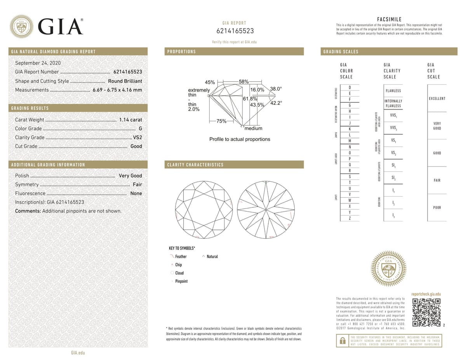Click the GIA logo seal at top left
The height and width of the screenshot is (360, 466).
[x=21, y=26]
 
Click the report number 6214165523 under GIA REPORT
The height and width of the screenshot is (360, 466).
[x=234, y=31]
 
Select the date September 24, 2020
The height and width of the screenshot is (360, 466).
[x=38, y=63]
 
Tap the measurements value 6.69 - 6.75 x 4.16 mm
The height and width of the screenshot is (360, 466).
[x=117, y=90]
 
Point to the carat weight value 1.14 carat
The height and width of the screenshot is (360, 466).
[x=130, y=120]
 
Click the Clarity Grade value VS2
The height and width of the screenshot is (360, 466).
[x=137, y=137]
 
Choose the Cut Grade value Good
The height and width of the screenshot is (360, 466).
[x=136, y=146]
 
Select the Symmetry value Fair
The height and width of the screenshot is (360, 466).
[x=137, y=184]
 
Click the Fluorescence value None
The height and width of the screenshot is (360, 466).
[x=136, y=193]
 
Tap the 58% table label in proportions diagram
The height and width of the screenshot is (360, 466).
[x=244, y=82]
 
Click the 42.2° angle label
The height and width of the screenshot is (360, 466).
[x=276, y=103]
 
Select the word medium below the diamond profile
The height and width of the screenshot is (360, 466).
[x=253, y=129]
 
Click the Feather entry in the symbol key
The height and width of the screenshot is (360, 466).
[x=181, y=256]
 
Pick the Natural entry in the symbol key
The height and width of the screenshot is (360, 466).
[x=212, y=256]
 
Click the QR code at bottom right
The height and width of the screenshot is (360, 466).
[x=426, y=313]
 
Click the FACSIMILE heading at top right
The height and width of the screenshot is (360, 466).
[x=389, y=19]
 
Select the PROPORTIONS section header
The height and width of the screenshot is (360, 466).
[x=181, y=52]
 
